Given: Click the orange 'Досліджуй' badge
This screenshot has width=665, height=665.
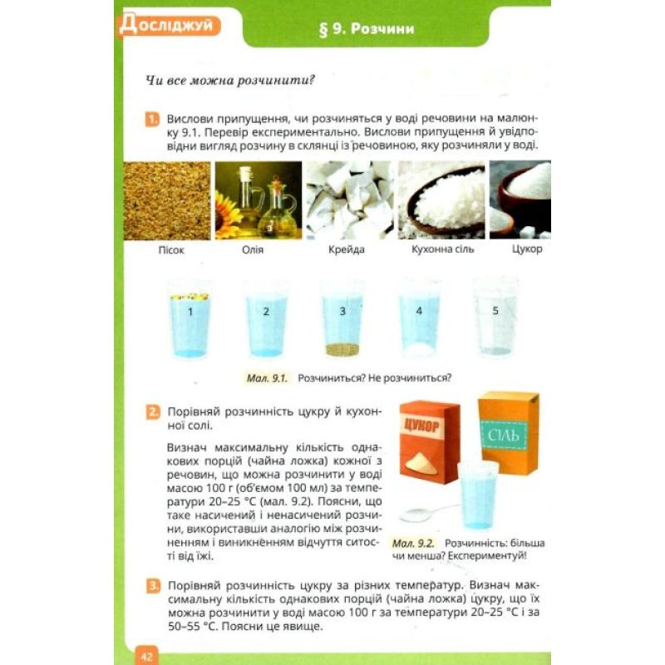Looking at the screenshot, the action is click(170, 26).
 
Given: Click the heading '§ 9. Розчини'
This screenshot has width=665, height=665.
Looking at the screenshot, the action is click(367, 29).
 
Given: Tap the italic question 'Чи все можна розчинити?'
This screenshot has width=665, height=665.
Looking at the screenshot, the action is click(230, 80).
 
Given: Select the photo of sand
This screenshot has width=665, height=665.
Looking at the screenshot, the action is click(167, 200).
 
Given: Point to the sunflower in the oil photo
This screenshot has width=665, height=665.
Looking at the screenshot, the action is click(227, 215).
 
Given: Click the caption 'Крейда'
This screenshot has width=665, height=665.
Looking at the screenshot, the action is click(346, 249).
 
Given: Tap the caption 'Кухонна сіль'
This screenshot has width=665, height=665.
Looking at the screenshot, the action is click(442, 249).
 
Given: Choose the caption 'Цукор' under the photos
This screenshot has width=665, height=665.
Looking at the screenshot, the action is click(527, 249).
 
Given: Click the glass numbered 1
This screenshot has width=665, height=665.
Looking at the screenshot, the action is click(190, 319).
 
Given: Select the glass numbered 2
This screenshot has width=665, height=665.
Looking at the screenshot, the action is click(266, 319).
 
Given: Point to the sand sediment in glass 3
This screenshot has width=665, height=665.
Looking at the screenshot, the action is click(342, 349).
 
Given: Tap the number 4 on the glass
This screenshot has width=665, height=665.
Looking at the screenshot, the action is click(419, 311).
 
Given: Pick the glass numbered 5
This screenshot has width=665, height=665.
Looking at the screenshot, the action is click(495, 318).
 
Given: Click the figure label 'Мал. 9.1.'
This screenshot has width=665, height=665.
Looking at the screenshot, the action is click(267, 377).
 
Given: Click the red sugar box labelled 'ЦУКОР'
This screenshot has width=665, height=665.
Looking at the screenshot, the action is click(429, 442).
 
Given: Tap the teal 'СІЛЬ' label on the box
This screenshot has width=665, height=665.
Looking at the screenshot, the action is click(504, 435).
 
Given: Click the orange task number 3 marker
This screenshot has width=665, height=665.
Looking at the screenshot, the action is click(153, 587).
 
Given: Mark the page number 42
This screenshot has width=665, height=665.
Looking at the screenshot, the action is click(146, 657).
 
